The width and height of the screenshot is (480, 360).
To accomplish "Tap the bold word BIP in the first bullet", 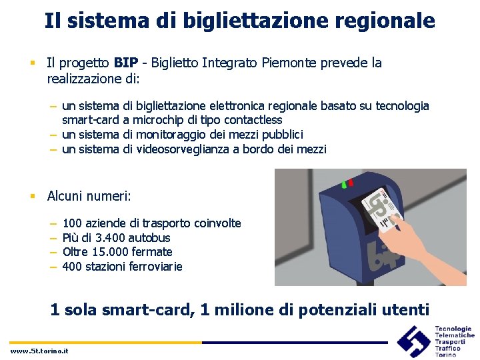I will coord(126,63).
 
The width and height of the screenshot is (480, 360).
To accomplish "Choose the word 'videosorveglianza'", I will coord(183,149).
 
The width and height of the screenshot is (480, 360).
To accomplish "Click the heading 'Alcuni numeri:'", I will coord(89,196).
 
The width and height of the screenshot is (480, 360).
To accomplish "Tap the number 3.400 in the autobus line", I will coord(112,238).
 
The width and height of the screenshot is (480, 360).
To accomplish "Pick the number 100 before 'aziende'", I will coord(72,223).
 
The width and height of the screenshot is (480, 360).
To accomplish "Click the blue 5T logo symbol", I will coord(413,341).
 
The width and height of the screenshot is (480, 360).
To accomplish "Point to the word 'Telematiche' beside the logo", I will coord(455,335).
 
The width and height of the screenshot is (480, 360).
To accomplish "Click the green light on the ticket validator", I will coord(343,184).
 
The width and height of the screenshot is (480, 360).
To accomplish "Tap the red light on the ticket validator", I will coord(351,181).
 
